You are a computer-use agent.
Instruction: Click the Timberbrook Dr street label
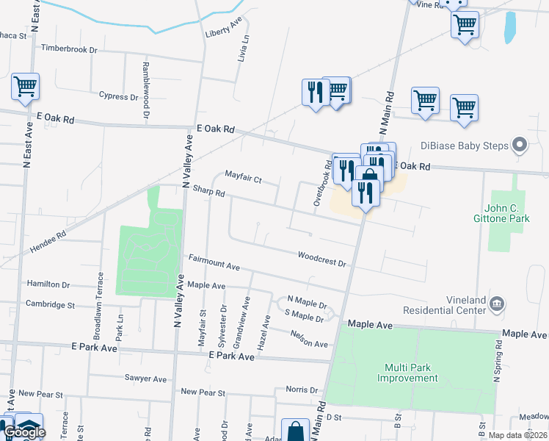[x=70, y=49]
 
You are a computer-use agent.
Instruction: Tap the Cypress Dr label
[x=118, y=96]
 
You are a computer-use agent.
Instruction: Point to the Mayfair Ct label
[x=243, y=178]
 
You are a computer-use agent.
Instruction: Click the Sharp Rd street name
[x=208, y=192]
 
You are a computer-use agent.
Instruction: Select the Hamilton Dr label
[x=48, y=284]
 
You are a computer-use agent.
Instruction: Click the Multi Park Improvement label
[x=407, y=373]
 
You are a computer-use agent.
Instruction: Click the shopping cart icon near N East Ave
[x=25, y=87]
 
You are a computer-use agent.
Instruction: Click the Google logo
[x=25, y=433]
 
